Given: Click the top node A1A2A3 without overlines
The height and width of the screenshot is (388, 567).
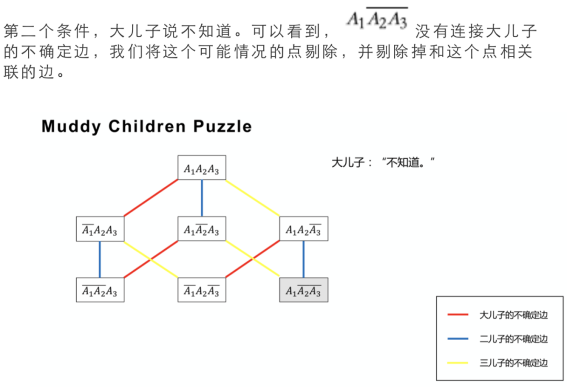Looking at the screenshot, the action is point(202,168).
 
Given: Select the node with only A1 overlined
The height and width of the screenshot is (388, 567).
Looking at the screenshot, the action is point(100,230).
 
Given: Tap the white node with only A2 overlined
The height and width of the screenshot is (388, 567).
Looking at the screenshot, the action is point(202,230).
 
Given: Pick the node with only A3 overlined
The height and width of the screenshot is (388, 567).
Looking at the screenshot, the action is point(303,230).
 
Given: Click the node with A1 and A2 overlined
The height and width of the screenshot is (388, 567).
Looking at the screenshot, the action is point(100,290).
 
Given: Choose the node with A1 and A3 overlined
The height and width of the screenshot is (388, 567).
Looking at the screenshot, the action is point(202,290).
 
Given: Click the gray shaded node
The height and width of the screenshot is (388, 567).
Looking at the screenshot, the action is point(303,290).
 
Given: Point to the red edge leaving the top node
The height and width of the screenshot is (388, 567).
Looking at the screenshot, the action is point(151,198).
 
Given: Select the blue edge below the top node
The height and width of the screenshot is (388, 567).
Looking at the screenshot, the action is point(202,198).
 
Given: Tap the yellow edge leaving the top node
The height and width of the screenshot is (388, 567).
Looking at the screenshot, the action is point(253,198).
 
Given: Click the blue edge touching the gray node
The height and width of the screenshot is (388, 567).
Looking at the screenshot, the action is point(303,259).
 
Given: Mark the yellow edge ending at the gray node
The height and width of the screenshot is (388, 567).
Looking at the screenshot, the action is point(253,259).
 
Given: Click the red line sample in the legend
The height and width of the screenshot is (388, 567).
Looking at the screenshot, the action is point(458,315).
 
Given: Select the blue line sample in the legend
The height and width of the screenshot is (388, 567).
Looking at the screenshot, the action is point(458,339).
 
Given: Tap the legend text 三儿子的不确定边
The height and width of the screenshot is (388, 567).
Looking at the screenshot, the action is point(513,363).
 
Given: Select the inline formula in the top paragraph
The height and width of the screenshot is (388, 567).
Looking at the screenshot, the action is point(377,19).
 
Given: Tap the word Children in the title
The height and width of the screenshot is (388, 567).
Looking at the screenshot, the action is point(147,127).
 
